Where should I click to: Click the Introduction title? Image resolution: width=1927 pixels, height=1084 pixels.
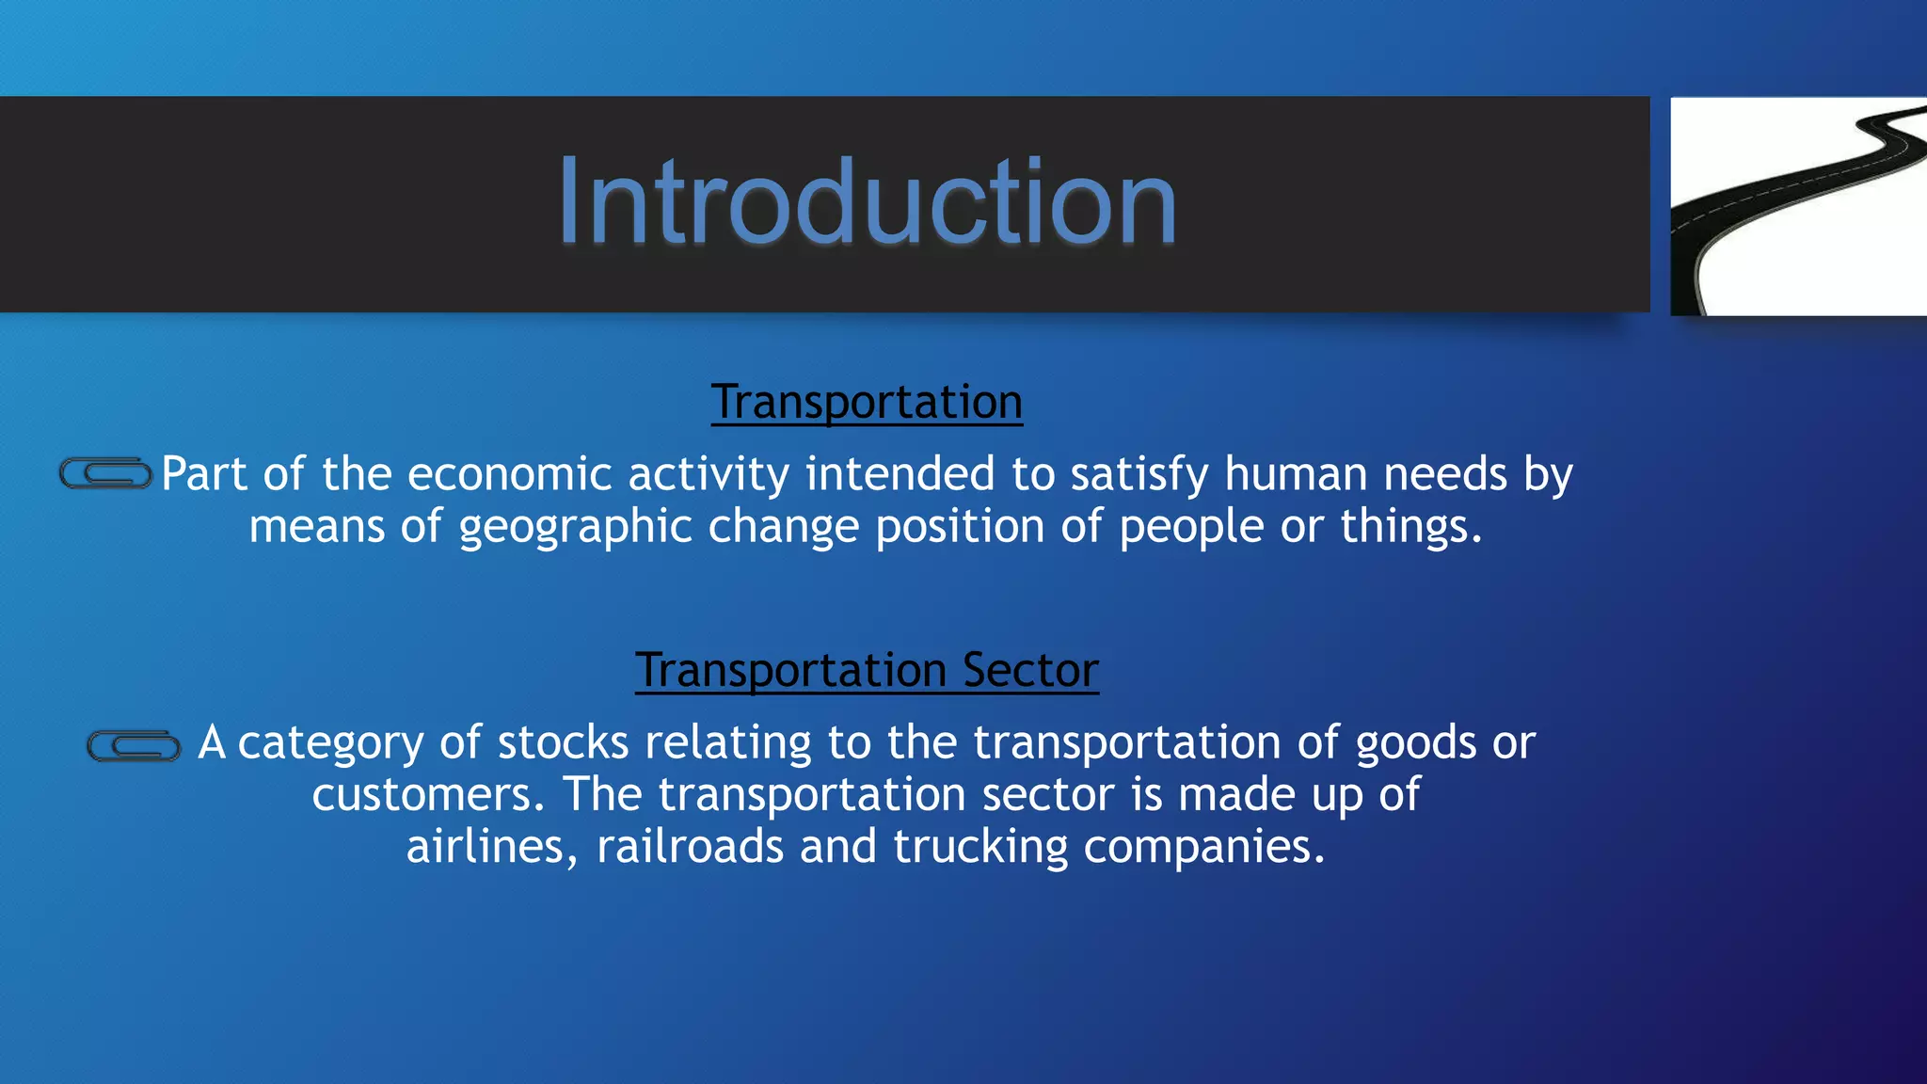coord(866,202)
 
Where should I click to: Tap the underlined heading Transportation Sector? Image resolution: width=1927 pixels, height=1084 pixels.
coord(866,670)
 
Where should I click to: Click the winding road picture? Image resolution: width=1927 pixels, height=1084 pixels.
coord(1797,206)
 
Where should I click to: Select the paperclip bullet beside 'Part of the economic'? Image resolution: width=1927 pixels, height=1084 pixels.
coord(105,473)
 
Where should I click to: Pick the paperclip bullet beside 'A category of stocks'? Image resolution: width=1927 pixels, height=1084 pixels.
coord(134,746)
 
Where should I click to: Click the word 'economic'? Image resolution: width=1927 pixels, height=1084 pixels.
coord(509,473)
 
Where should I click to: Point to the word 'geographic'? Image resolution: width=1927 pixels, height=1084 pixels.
coord(575,526)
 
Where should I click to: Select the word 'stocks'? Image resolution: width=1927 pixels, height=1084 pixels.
coord(563,742)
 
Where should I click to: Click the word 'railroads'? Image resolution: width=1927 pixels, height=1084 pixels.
coord(690,846)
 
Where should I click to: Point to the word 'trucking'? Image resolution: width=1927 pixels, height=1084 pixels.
coord(979,846)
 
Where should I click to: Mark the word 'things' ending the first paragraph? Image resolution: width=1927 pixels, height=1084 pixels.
coord(1409,526)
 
